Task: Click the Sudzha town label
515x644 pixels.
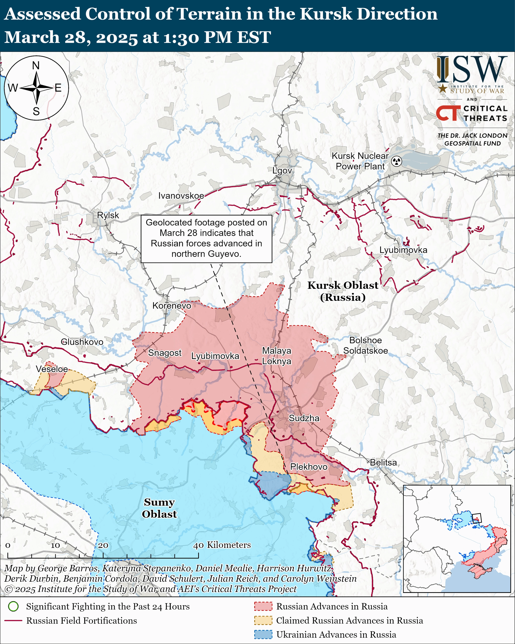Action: pos(304,418)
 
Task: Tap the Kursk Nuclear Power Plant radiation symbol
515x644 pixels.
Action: pos(397,162)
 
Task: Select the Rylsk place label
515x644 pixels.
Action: pos(108,215)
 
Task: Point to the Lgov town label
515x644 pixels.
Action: pos(282,171)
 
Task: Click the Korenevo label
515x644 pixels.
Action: pos(172,306)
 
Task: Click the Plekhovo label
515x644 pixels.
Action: pos(309,467)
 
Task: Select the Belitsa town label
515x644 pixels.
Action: pos(383,462)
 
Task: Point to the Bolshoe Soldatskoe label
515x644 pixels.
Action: pos(365,345)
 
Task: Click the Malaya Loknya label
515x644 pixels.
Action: pos(276,356)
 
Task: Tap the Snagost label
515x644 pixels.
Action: pos(165,353)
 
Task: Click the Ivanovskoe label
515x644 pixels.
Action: pos(181,196)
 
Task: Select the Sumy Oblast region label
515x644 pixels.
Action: pos(159,508)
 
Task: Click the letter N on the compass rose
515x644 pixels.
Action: pos(36,65)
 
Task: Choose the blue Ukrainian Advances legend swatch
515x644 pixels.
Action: pos(263,634)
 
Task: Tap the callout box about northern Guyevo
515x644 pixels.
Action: pos(206,238)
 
